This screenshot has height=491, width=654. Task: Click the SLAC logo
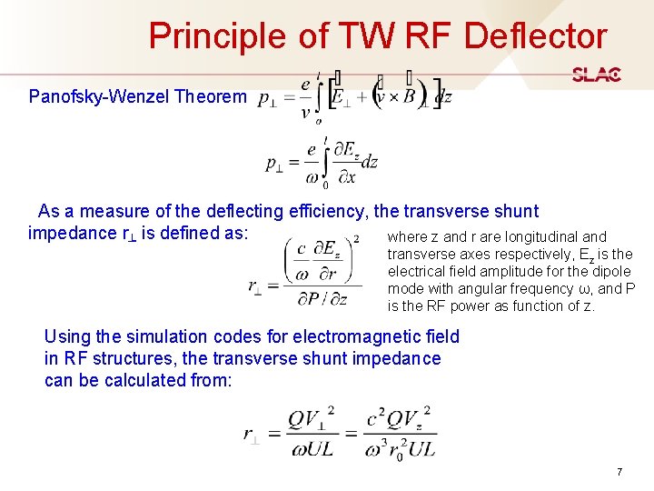pos(596,75)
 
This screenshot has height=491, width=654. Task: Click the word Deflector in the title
pos(535,35)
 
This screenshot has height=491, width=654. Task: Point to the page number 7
pos(619,472)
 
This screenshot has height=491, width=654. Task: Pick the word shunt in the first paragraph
pos(517,212)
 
